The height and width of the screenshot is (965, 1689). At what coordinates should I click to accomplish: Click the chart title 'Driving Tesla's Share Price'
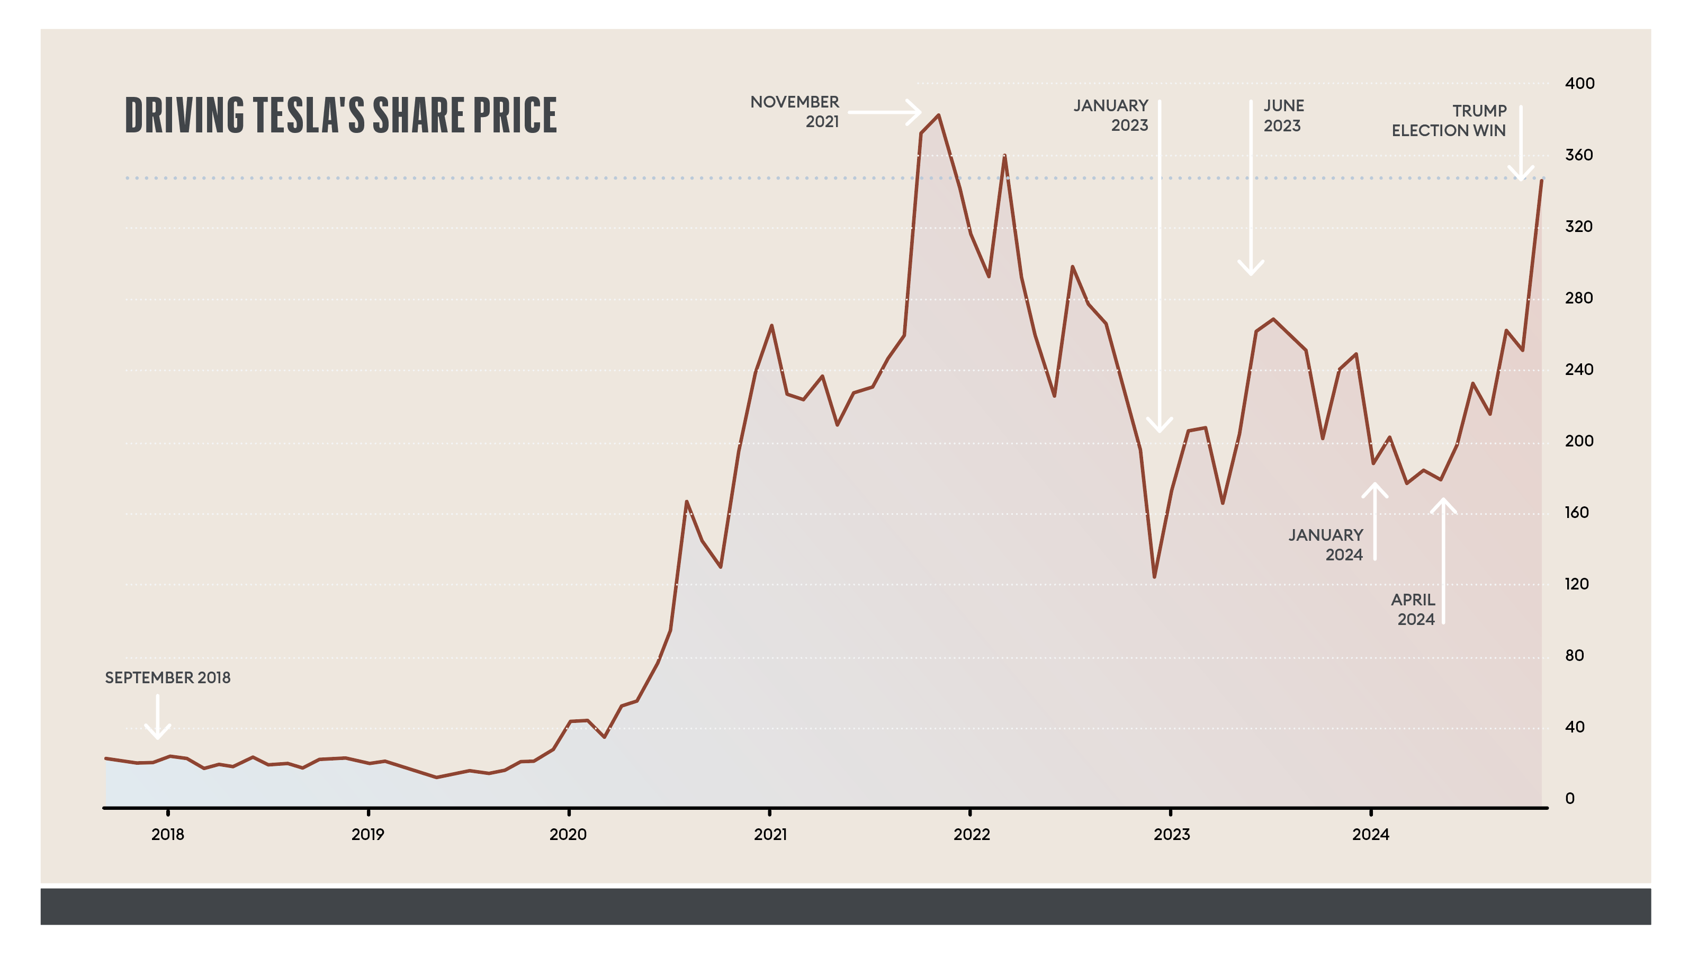click(x=340, y=115)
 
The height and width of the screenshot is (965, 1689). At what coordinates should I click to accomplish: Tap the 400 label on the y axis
click(x=1579, y=84)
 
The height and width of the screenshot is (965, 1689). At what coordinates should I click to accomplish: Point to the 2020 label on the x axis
click(x=568, y=834)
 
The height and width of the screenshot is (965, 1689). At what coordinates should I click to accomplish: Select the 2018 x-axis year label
click(x=167, y=834)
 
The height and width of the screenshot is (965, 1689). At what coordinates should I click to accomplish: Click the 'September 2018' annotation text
click(x=167, y=677)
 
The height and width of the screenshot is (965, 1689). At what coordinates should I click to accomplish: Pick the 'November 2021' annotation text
click(x=795, y=111)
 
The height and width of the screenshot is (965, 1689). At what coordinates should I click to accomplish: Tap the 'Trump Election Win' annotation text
click(x=1449, y=121)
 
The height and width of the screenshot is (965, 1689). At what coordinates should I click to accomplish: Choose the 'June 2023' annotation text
click(x=1283, y=115)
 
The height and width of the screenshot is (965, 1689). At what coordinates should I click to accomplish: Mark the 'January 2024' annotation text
click(x=1326, y=545)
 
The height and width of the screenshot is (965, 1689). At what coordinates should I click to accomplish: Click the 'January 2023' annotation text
click(x=1111, y=115)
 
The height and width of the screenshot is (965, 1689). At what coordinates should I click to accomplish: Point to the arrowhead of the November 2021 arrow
click(x=919, y=112)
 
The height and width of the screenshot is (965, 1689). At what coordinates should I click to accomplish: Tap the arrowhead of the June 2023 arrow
click(x=1251, y=272)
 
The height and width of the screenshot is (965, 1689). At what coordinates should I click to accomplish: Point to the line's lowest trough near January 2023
click(x=1154, y=577)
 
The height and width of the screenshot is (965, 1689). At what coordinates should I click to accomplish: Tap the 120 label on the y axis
click(x=1576, y=584)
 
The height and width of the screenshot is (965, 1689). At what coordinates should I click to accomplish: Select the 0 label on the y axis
click(x=1570, y=799)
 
